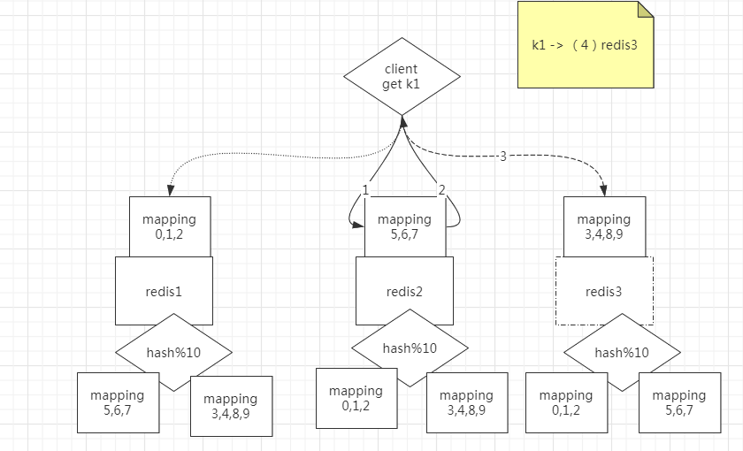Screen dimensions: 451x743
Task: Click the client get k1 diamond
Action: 401,76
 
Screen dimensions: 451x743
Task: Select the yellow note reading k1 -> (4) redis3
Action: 585,45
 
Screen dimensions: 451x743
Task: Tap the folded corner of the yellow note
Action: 646,9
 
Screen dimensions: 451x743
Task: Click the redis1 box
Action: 164,290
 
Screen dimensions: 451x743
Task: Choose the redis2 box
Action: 404,290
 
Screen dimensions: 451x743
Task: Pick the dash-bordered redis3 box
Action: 604,290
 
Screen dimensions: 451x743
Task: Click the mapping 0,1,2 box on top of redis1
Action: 169,226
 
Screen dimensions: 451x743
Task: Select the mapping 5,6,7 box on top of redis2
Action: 404,226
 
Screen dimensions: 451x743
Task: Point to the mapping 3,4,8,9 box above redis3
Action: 604,226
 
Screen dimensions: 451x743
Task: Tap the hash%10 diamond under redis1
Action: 173,352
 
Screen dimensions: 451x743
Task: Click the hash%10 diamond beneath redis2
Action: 410,348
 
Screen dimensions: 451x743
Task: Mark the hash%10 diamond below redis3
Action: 622,352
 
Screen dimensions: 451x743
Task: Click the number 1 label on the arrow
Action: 365,189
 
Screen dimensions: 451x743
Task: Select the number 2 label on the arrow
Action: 441,189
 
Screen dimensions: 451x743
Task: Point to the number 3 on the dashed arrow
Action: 503,157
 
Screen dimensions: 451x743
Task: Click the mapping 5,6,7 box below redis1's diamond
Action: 118,403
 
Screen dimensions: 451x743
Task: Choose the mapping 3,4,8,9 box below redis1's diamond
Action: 231,407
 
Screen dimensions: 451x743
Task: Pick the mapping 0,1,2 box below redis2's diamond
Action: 356,398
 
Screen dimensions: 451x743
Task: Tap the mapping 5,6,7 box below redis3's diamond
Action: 679,403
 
